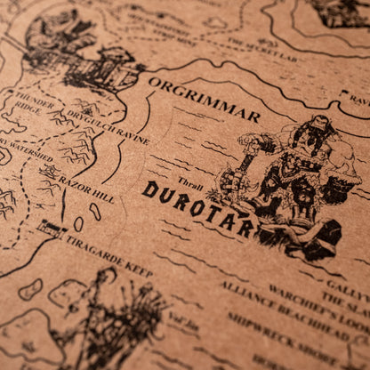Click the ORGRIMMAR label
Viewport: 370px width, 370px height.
(204, 99)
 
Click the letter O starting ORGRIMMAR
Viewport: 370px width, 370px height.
(155, 84)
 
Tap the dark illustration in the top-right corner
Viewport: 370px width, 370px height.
(342, 12)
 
